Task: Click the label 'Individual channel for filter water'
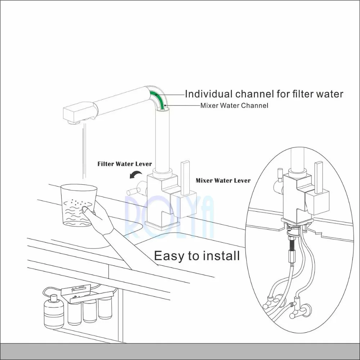point(264,94)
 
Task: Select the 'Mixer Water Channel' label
point(234,106)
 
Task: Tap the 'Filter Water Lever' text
point(125,164)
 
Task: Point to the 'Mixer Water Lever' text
point(223,180)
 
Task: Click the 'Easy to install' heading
point(197,256)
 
